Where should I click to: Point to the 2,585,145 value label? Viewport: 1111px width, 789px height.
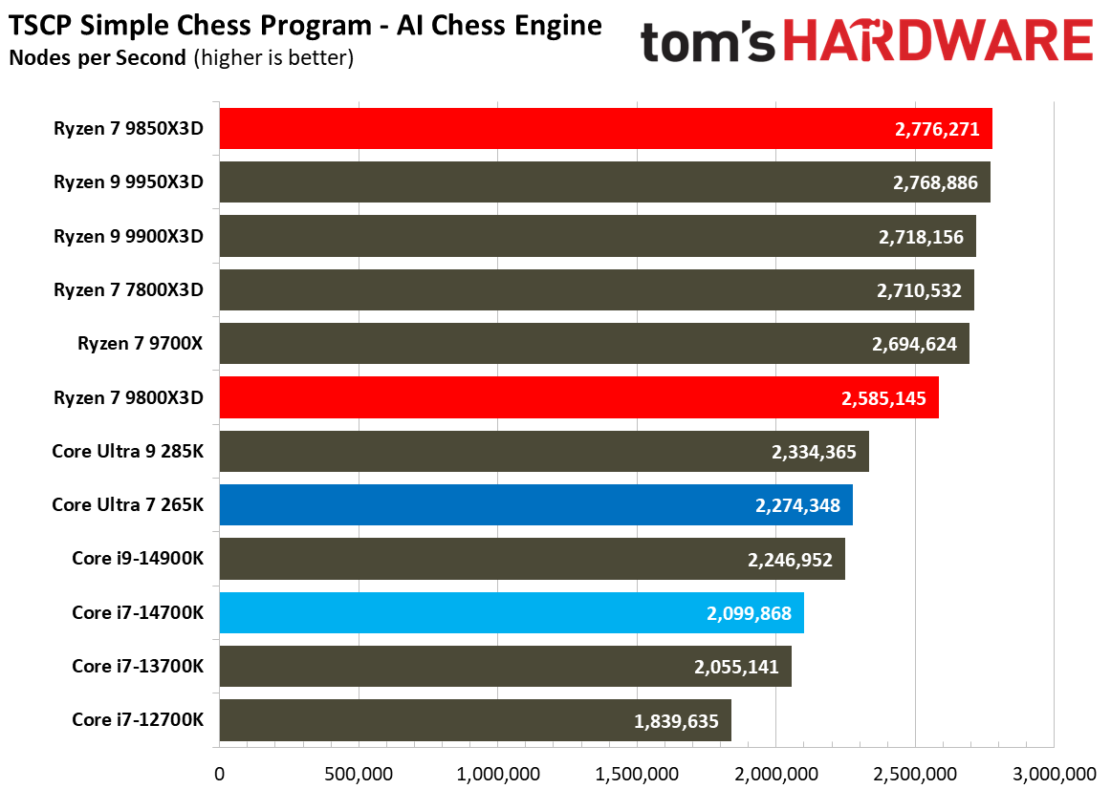pyautogui.click(x=883, y=397)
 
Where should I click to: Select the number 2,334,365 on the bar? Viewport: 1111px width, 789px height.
pyautogui.click(x=814, y=452)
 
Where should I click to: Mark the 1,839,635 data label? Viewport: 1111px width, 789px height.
pyautogui.click(x=676, y=721)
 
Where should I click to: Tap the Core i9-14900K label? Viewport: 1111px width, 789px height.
pyautogui.click(x=138, y=558)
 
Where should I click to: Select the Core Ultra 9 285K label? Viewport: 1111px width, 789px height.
pyautogui.click(x=128, y=451)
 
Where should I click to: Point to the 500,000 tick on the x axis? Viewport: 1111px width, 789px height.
pyautogui.click(x=359, y=773)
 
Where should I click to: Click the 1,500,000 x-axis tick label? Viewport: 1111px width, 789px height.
pyautogui.click(x=637, y=773)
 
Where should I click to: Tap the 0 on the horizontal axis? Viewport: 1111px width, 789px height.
pyautogui.click(x=220, y=773)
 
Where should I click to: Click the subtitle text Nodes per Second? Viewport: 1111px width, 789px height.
pyautogui.click(x=97, y=58)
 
